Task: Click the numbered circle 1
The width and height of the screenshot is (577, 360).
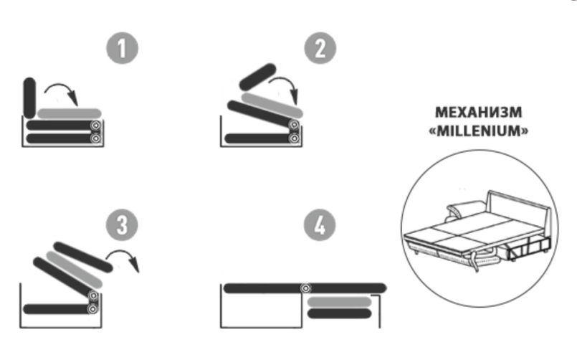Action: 122,48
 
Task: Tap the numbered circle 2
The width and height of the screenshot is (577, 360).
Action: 320,48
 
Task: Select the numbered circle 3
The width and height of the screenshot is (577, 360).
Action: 122,225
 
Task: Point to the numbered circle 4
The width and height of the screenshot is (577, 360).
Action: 320,225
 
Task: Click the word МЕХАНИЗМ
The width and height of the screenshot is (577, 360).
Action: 478,113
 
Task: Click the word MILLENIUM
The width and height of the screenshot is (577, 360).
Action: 479,131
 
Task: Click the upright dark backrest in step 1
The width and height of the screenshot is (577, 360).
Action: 29,98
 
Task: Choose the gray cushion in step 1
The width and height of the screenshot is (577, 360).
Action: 70,114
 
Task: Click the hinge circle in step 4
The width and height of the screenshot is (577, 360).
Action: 305,288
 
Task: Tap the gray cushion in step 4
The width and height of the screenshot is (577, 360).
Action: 339,302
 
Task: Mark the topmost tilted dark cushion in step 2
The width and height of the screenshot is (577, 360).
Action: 257,77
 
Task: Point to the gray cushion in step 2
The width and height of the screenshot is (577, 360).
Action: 272,105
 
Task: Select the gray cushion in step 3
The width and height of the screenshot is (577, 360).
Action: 74,270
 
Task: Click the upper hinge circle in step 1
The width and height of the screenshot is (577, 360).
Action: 95,125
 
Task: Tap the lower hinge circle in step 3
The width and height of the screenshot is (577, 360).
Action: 92,309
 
